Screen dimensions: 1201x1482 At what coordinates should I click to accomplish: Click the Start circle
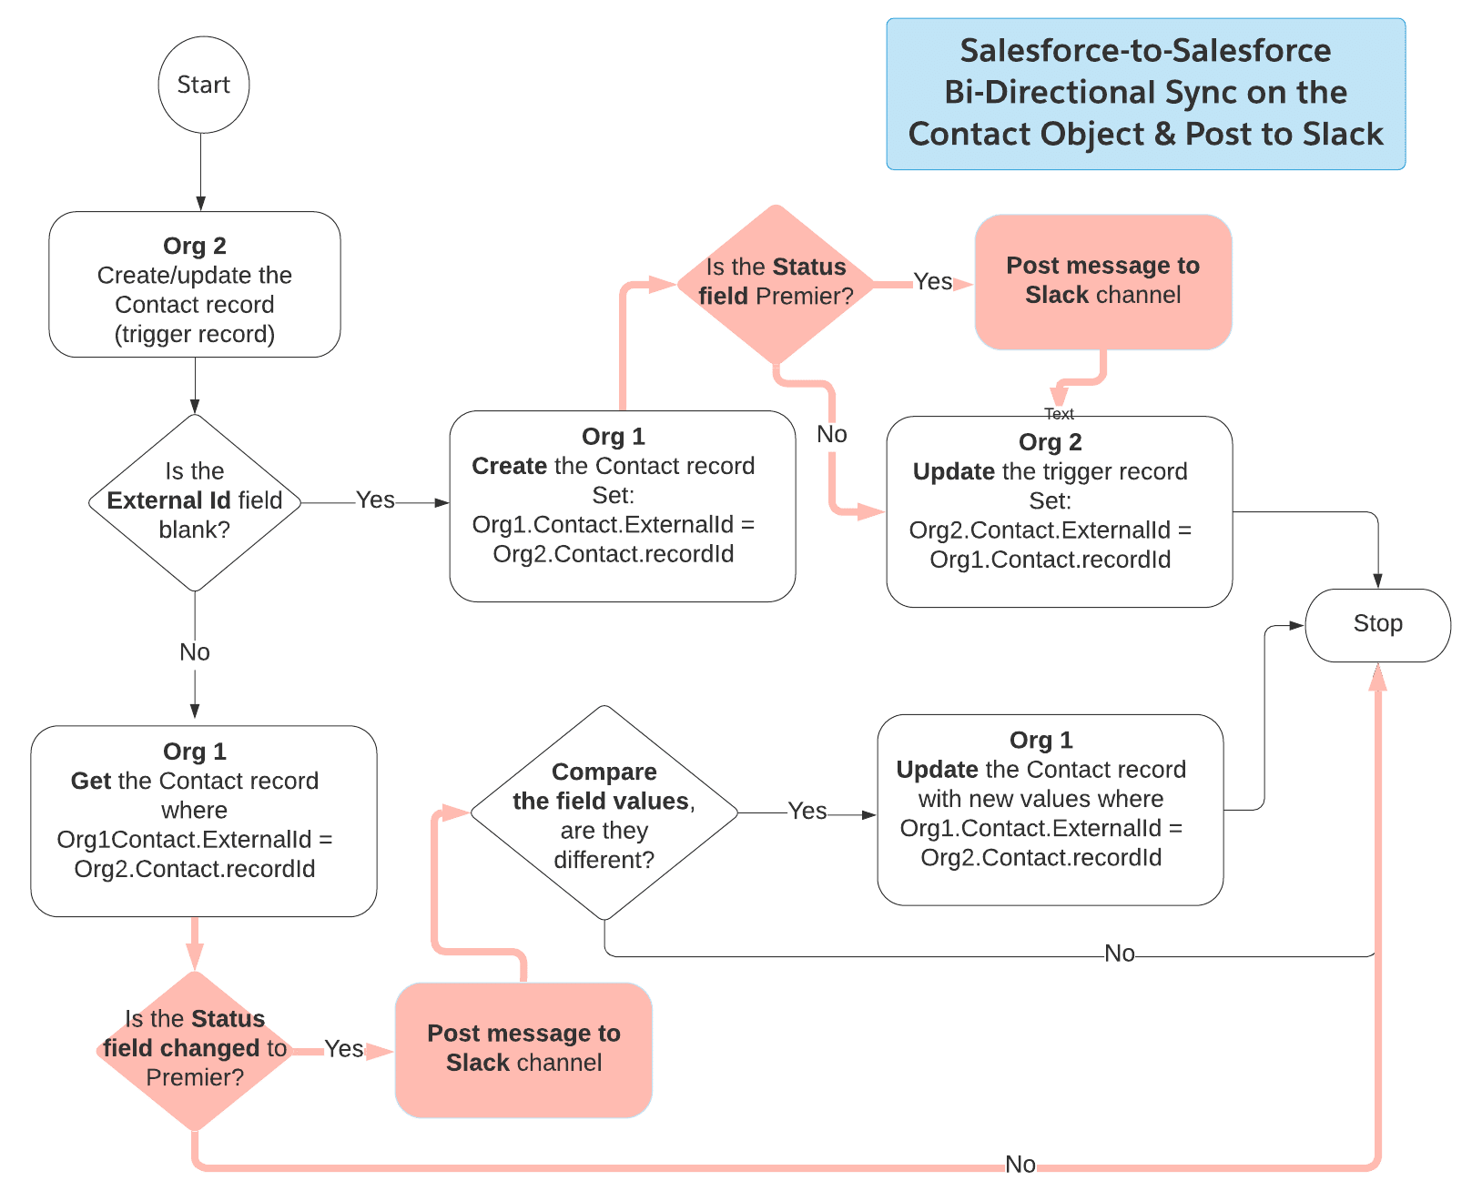tap(203, 85)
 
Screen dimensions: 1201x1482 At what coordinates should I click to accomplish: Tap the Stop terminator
tap(1377, 624)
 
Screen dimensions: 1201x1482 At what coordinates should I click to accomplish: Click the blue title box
tap(1145, 94)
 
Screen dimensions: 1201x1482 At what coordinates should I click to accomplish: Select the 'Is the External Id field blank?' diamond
tap(194, 501)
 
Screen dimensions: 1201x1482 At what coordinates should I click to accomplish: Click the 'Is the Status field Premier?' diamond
tap(776, 282)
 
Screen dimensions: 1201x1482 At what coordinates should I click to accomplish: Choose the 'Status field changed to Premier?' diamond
tap(194, 1049)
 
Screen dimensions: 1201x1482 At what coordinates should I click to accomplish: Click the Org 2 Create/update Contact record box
tap(194, 285)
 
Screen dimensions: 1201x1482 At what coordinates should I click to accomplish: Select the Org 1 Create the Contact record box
tap(622, 506)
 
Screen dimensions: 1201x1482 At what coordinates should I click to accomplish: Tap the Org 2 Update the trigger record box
tap(1059, 511)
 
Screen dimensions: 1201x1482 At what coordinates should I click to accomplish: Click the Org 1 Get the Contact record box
tap(203, 820)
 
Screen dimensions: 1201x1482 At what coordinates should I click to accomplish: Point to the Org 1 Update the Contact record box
tap(1050, 809)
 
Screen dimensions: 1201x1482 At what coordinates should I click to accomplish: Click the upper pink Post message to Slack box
tap(1102, 281)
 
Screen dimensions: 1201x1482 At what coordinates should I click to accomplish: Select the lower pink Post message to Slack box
tap(523, 1049)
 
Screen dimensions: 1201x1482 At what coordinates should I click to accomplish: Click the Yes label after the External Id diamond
tap(375, 500)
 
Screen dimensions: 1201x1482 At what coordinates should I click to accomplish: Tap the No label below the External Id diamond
tap(194, 652)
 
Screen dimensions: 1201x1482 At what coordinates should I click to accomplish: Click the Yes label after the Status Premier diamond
tap(932, 282)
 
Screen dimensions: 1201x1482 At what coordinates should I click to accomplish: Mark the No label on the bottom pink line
tap(1020, 1164)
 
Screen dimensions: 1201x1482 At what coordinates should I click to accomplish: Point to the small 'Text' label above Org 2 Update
tap(1059, 414)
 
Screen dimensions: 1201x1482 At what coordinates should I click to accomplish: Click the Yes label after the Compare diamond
tap(807, 812)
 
